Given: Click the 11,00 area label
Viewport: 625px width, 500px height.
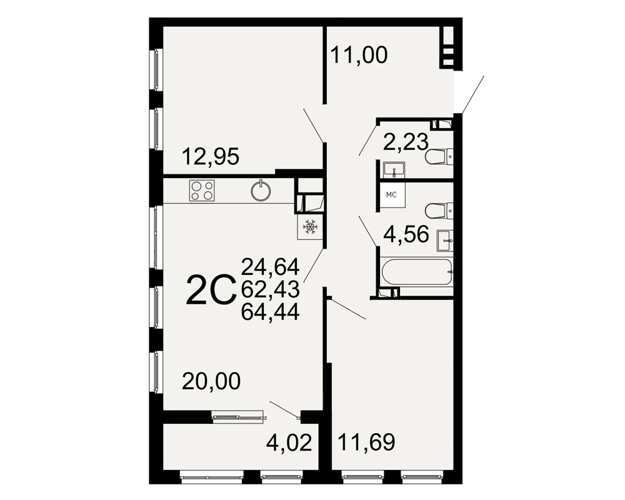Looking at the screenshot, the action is pos(359,55).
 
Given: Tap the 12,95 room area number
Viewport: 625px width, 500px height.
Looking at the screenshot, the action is pos(211,156).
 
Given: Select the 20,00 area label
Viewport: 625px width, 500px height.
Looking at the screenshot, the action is pos(211,381).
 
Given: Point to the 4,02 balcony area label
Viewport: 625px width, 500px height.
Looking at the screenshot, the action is pos(289,443).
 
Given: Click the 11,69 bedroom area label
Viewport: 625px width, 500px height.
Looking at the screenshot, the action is pos(366,442).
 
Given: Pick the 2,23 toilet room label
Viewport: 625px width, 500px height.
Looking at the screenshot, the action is pos(406,141).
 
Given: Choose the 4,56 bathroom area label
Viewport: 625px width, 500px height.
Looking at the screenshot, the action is pos(406,234).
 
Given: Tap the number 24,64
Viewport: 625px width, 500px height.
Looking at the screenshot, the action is pos(270,267).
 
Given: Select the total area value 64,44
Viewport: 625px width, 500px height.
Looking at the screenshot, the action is pos(270,312).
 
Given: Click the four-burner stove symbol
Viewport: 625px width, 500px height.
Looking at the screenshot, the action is pos(202,190).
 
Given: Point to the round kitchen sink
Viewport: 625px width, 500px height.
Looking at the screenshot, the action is pos(261,191).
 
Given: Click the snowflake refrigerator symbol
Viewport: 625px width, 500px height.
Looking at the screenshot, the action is pos(310,227).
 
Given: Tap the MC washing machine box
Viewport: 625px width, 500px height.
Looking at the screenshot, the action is pos(391,195).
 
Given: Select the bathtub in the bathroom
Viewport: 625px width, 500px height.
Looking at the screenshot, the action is pos(417,272).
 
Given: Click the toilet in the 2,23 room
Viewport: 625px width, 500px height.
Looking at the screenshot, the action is pos(439,157).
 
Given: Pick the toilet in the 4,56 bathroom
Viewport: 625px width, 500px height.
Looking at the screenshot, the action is pos(439,211).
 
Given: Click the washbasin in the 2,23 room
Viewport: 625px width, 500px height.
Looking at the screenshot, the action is pos(394,169).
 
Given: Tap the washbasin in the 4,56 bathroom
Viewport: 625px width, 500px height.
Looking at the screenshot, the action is pos(445,241).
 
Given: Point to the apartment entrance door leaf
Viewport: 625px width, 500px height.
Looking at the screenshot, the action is pos(472,94).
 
